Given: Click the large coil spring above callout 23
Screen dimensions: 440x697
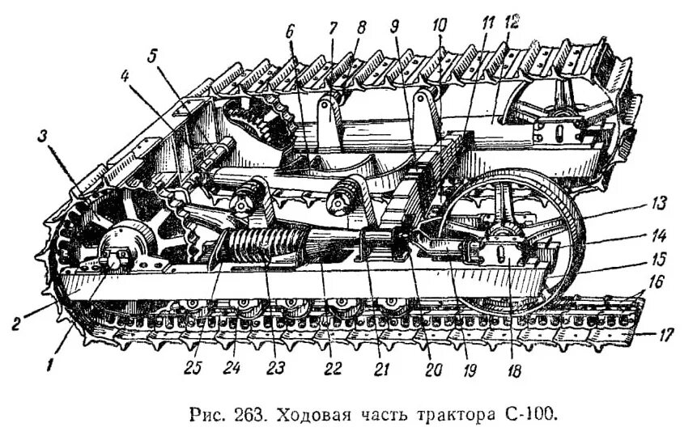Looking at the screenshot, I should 259,243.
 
